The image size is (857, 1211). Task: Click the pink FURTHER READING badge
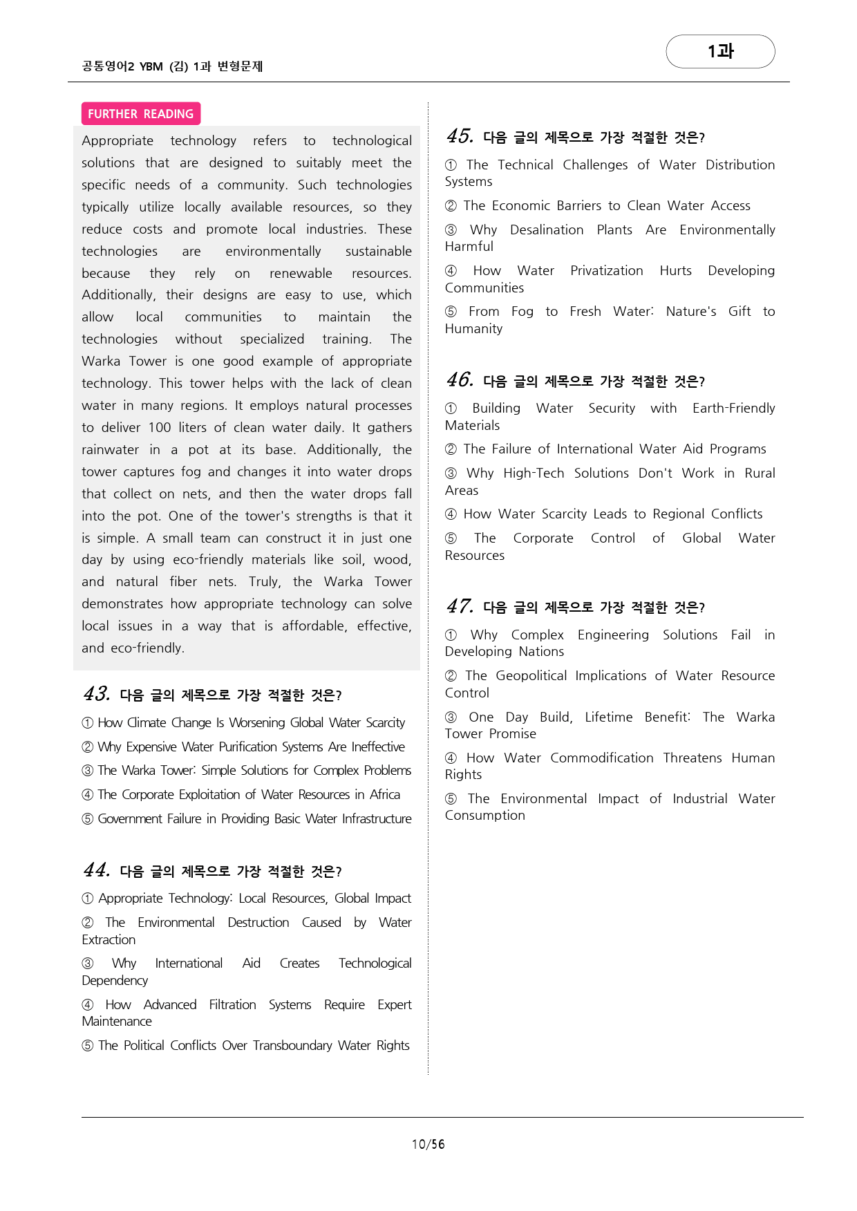coord(140,114)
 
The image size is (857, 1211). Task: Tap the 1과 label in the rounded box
coord(720,51)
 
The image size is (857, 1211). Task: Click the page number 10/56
coord(428,1144)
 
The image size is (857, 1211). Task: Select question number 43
coord(97,694)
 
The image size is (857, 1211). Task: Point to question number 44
coord(97,870)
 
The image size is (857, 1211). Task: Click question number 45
coord(460,136)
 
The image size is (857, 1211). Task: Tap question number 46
coord(460,380)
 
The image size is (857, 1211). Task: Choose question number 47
coord(460,606)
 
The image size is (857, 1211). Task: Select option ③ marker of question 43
coord(88,771)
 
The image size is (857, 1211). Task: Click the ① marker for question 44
coord(88,899)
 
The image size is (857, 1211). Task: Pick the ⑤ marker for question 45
coord(451,312)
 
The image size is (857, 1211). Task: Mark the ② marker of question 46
coord(451,449)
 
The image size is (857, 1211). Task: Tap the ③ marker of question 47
coord(451,717)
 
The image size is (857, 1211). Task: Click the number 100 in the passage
coord(160,427)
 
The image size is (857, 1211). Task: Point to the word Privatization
coord(606,270)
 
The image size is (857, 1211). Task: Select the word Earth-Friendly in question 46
coord(733,408)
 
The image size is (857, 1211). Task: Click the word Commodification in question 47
coord(601,758)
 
